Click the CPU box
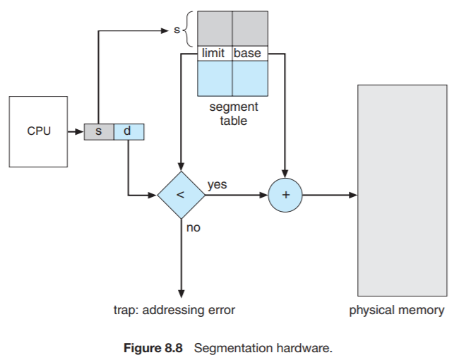click(38, 131)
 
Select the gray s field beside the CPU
click(98, 131)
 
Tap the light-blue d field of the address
click(129, 131)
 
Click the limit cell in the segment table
click(214, 54)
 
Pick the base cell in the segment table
click(250, 54)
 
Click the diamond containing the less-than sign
click(181, 194)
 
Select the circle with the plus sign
click(285, 194)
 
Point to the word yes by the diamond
click(217, 184)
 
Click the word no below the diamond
click(193, 228)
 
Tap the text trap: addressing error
click(174, 310)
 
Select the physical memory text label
click(397, 310)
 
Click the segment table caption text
click(234, 113)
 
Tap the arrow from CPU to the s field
click(76, 131)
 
